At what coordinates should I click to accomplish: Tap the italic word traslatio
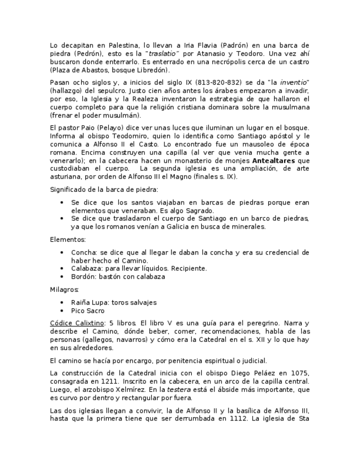coord(164,53)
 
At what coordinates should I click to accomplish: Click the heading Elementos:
coord(67,240)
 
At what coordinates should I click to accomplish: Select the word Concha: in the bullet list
coord(84,252)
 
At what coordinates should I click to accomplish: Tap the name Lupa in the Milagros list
coord(99,302)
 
